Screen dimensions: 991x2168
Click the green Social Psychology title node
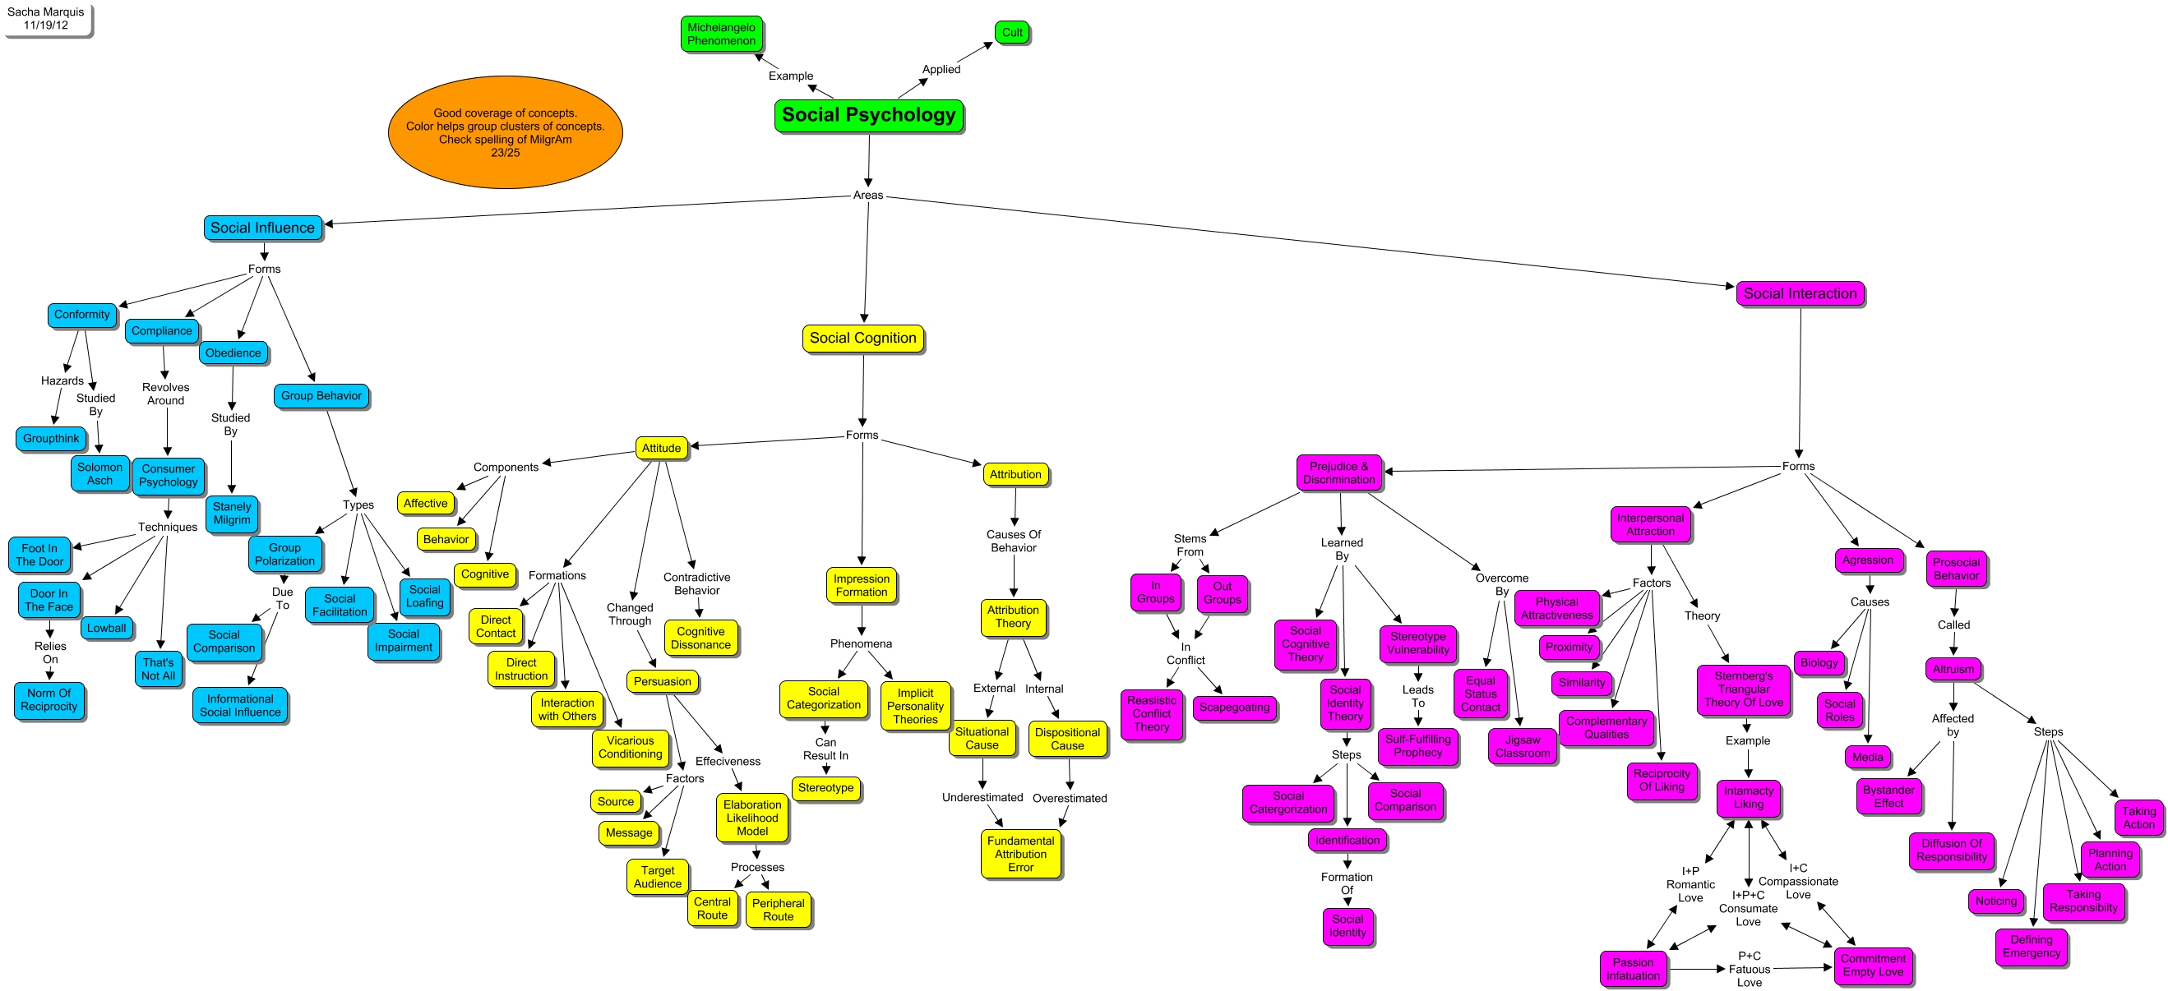[867, 115]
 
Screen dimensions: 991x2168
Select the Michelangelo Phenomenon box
[721, 34]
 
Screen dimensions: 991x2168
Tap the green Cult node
[1011, 33]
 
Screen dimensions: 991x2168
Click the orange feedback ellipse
[505, 132]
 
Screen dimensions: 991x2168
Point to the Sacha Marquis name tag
[46, 19]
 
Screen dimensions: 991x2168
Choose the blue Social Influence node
[262, 228]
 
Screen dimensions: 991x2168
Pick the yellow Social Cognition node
[862, 339]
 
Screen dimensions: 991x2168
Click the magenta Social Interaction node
[1800, 293]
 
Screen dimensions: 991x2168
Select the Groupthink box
[51, 438]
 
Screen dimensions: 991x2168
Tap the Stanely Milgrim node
[232, 513]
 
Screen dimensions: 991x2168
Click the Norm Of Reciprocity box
[49, 700]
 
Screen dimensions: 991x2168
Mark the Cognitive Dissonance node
[700, 638]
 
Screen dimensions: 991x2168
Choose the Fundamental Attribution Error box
[1020, 854]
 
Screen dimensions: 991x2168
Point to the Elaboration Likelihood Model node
[751, 818]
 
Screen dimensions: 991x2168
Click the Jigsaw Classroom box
[1523, 746]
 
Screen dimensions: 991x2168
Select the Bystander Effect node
[1888, 795]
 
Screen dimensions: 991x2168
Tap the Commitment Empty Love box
[1873, 965]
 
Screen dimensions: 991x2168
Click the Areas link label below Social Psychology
[867, 196]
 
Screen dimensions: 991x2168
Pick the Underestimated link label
[982, 798]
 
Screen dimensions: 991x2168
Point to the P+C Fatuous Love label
[1749, 969]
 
